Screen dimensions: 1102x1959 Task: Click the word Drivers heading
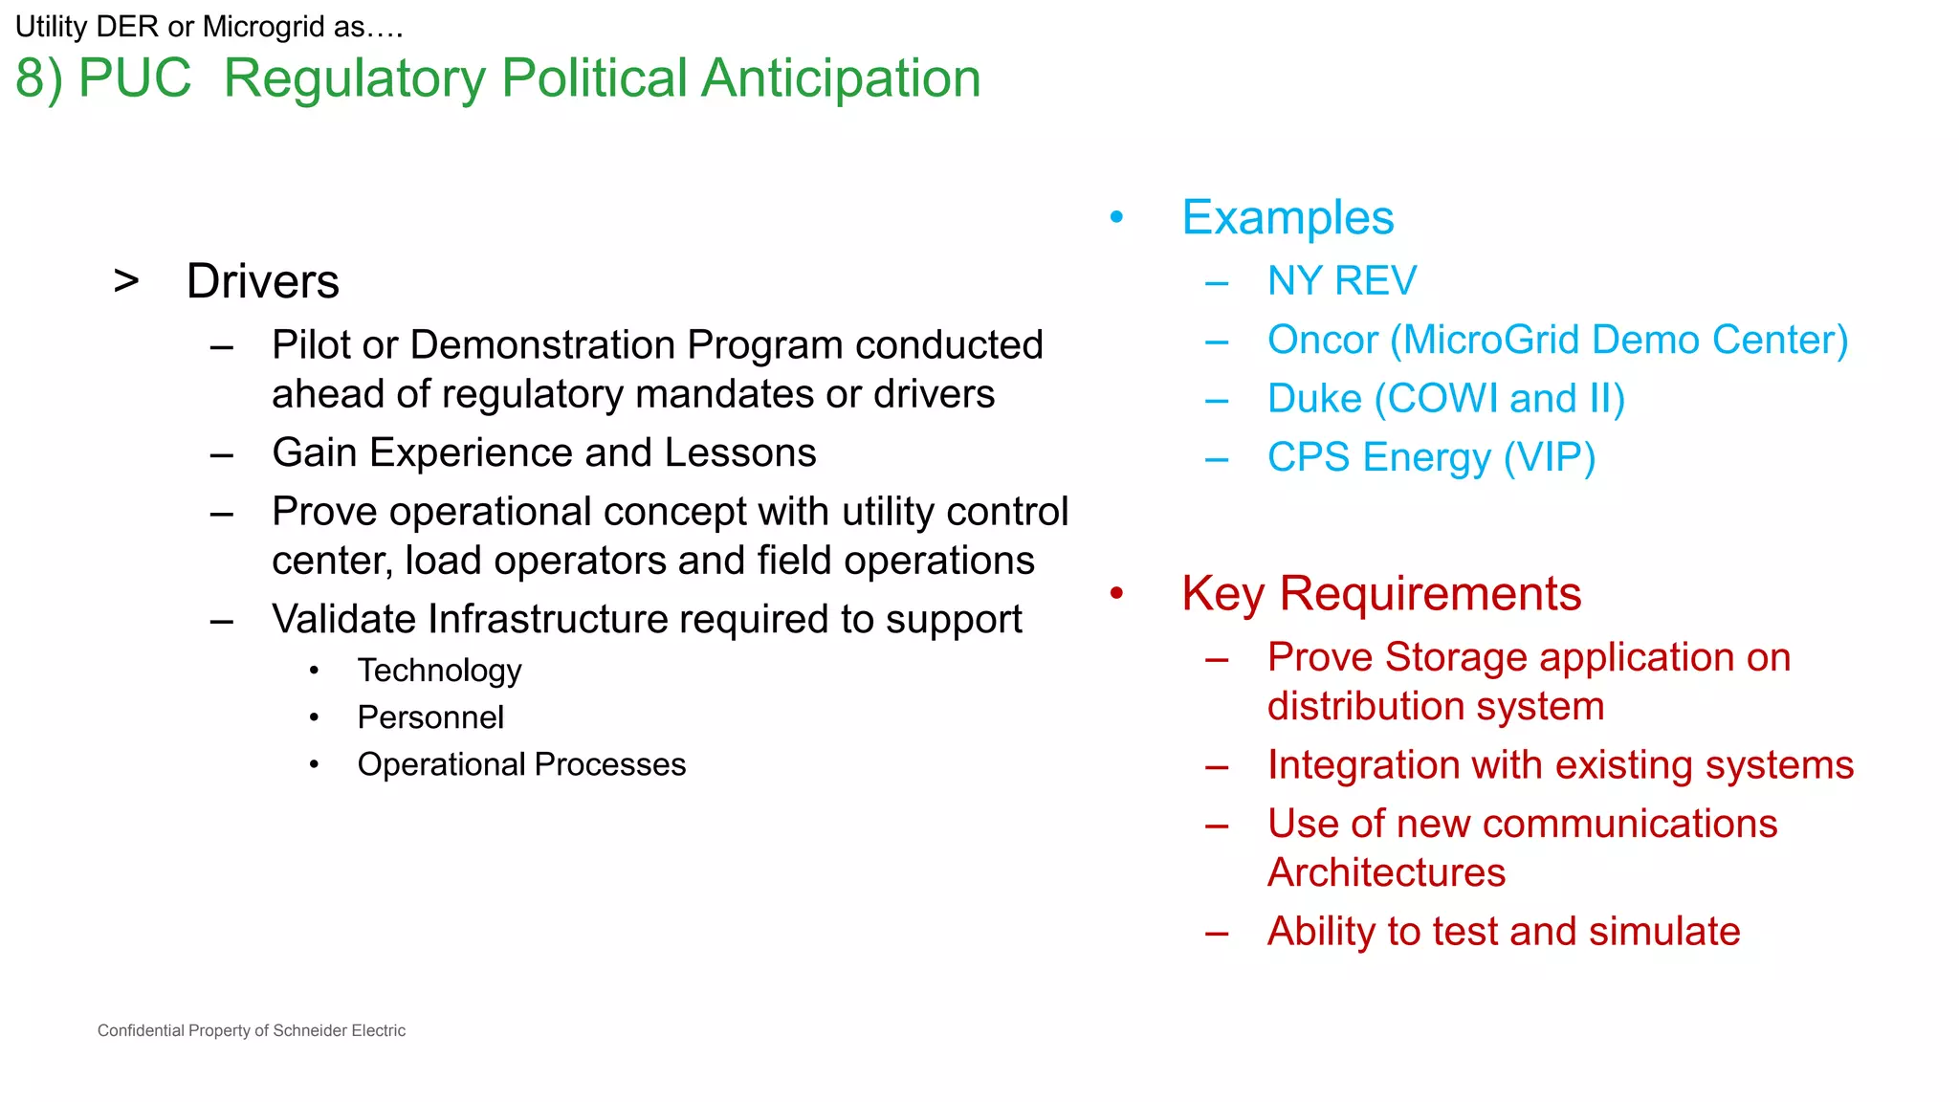[262, 281]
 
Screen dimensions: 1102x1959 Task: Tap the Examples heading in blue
[1287, 218]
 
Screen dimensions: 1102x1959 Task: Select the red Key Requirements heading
[1380, 594]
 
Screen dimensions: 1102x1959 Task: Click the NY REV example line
[1341, 281]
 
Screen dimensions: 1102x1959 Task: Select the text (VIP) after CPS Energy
[1549, 458]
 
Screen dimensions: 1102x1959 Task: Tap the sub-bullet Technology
[439, 671]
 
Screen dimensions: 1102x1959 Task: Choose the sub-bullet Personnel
[429, 717]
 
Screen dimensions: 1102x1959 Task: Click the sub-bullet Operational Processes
[521, 764]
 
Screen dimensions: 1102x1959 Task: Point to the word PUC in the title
[134, 78]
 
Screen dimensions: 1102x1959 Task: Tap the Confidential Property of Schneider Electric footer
[251, 1030]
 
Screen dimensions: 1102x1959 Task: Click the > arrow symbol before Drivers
[126, 281]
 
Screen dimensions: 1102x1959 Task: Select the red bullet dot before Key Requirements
[1116, 594]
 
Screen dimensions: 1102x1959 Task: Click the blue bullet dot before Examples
[1116, 218]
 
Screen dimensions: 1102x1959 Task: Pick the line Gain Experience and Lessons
[543, 453]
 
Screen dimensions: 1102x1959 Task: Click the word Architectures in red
[1385, 872]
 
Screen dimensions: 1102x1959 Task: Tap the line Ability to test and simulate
[1503, 932]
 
